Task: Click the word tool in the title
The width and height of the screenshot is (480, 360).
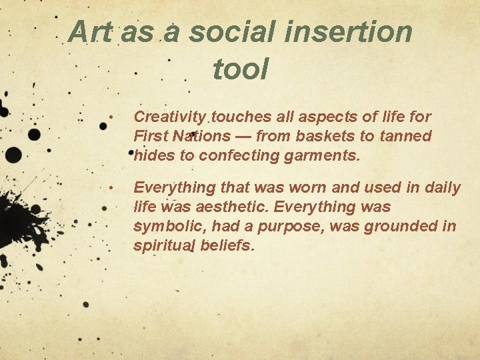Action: pyautogui.click(x=240, y=69)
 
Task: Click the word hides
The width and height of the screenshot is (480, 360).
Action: pyautogui.click(x=153, y=157)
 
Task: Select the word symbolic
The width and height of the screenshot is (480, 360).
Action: pyautogui.click(x=169, y=227)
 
